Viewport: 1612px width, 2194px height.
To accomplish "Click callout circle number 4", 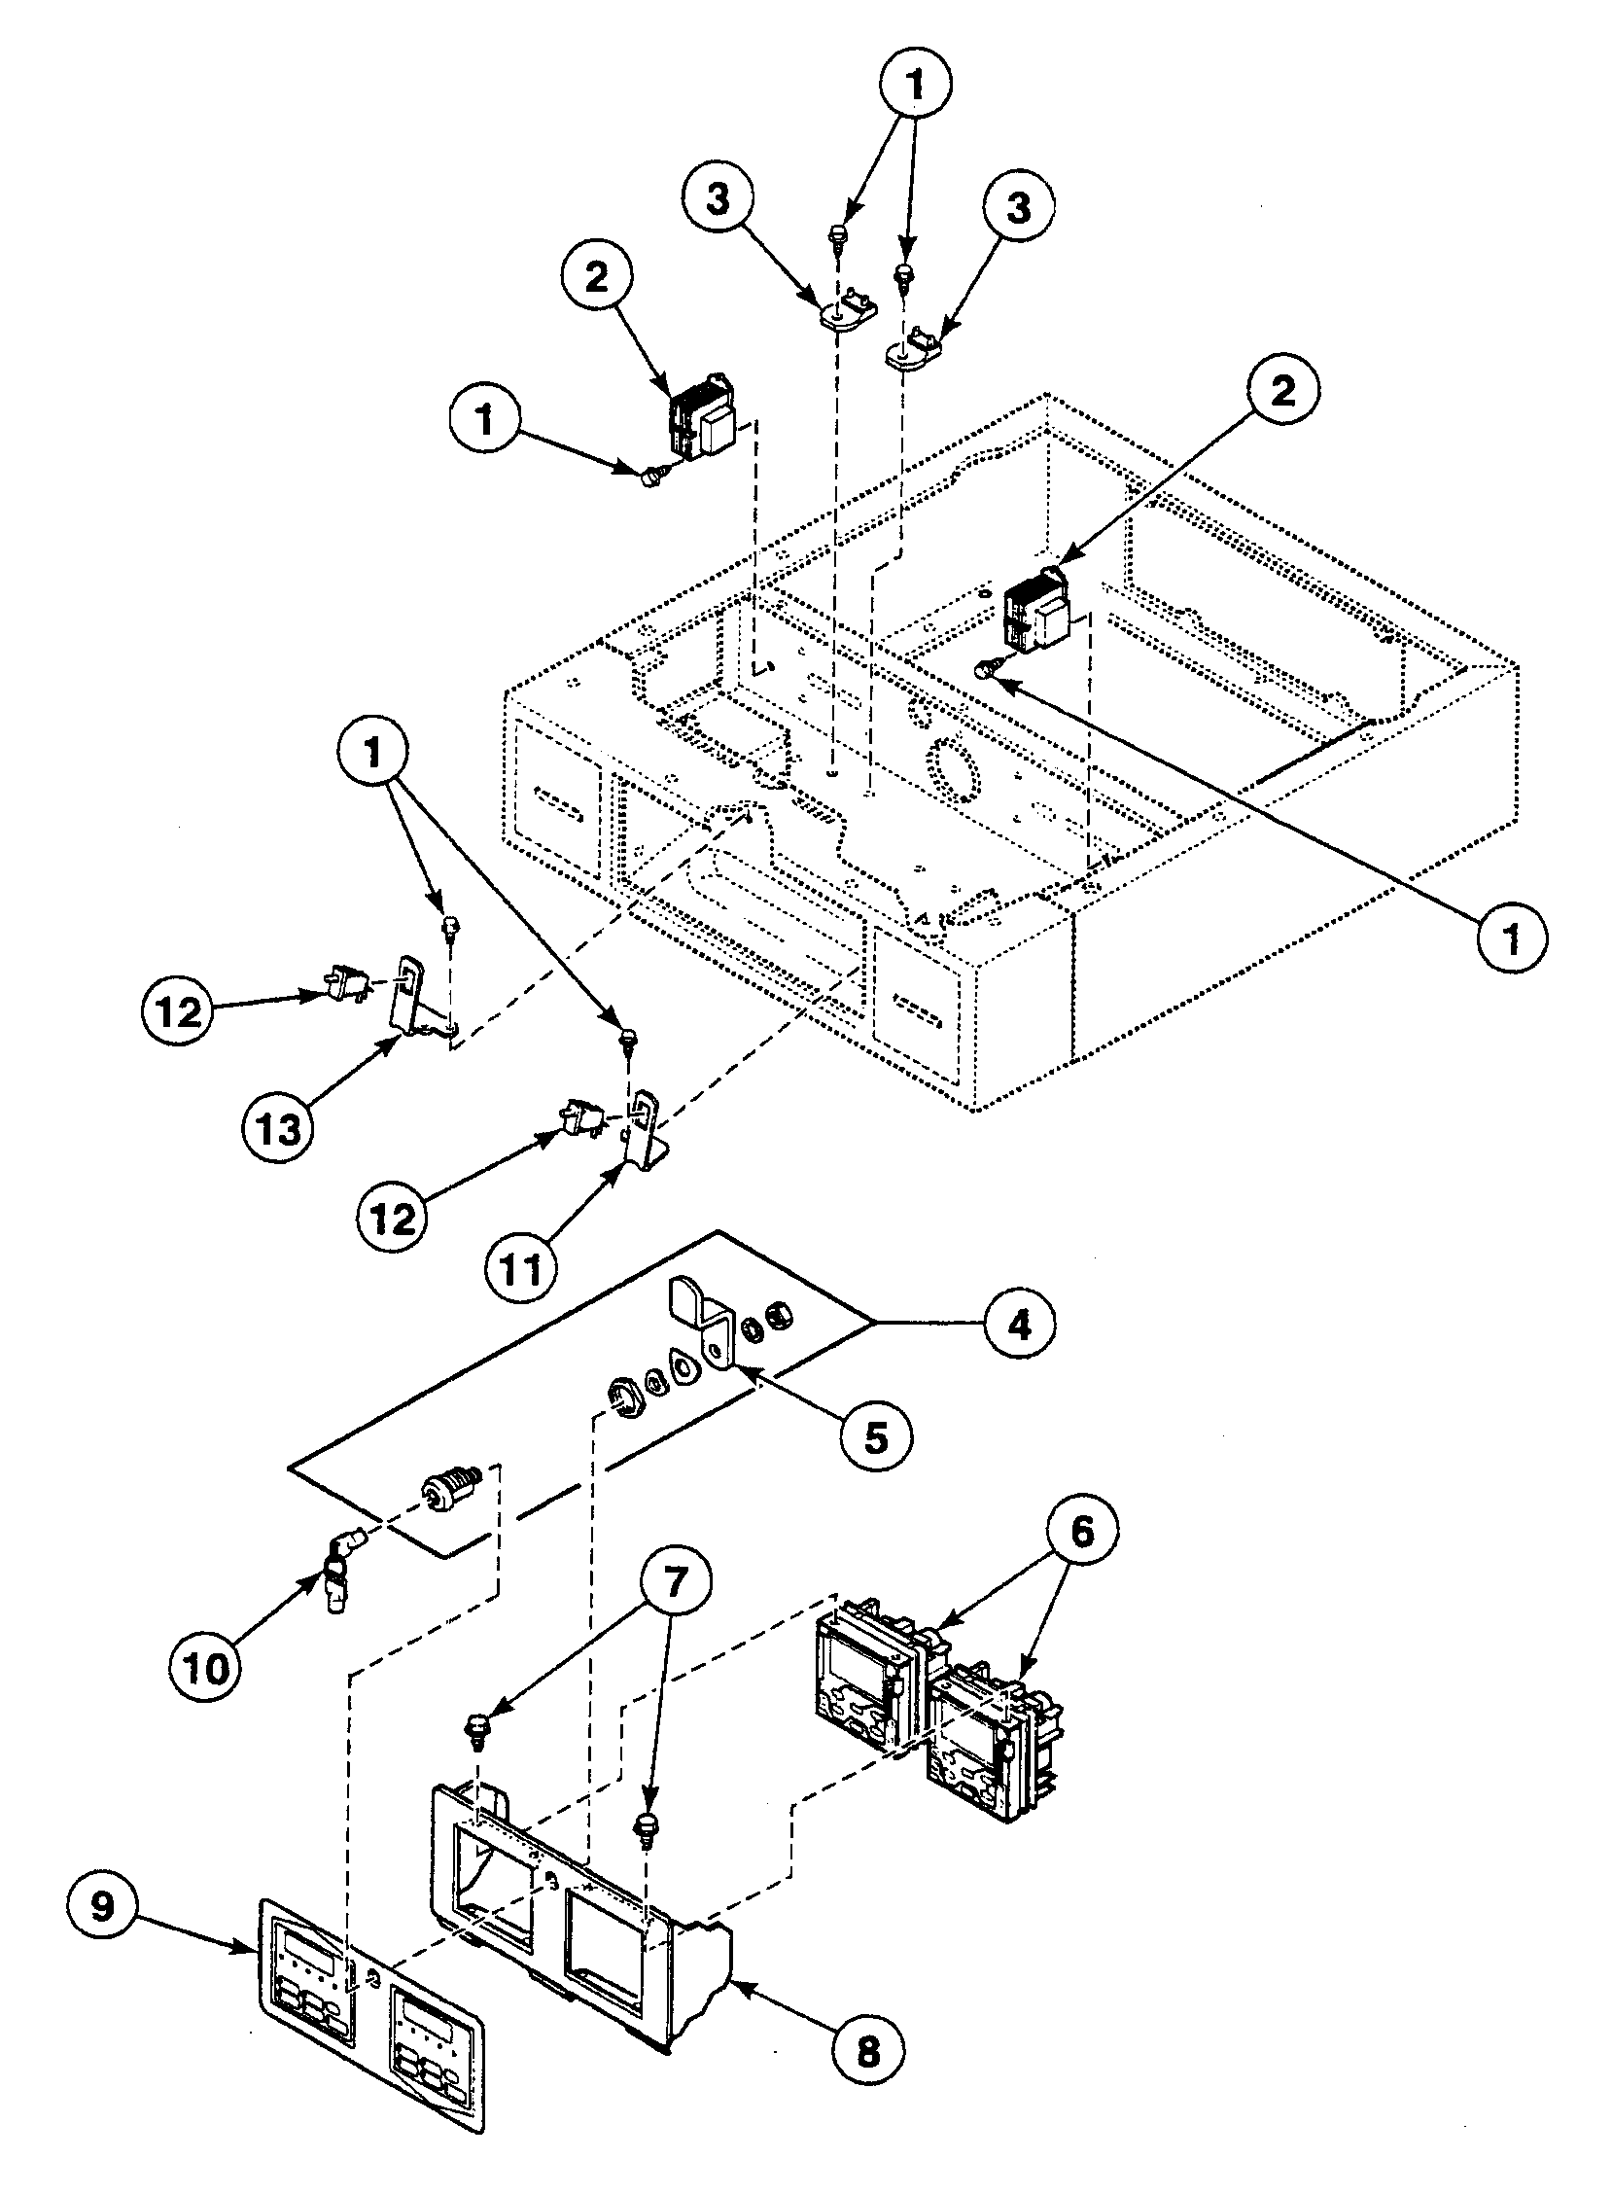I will (x=1018, y=1325).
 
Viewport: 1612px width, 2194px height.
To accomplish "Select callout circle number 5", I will (x=875, y=1435).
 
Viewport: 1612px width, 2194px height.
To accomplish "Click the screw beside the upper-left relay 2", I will (x=650, y=476).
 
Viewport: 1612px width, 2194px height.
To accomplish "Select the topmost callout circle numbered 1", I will (x=914, y=85).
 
